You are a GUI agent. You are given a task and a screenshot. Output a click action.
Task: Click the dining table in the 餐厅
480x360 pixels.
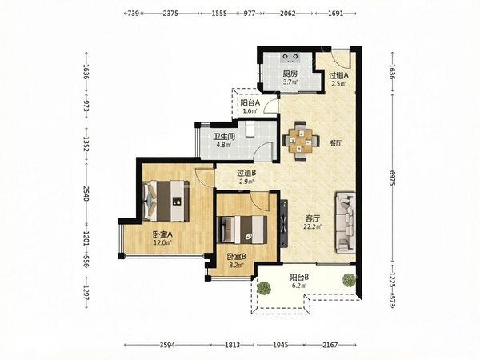click(x=301, y=141)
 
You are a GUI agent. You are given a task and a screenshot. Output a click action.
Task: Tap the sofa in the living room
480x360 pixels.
click(x=346, y=222)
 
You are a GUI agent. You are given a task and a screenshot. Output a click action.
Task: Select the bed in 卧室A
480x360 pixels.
click(x=166, y=201)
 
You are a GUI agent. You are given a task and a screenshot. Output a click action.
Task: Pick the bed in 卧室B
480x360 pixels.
click(x=242, y=230)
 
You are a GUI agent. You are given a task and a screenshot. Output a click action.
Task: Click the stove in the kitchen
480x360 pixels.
click(x=290, y=58)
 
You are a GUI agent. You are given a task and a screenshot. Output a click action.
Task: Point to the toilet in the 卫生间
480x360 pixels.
click(x=250, y=128)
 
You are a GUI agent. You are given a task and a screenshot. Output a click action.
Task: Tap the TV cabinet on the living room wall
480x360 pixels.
click(x=284, y=223)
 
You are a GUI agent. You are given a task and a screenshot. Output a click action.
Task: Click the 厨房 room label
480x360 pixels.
click(x=290, y=74)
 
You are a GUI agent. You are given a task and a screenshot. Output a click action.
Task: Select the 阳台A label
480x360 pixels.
click(x=250, y=103)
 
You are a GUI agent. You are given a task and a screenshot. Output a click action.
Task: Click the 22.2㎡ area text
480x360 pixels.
click(x=312, y=227)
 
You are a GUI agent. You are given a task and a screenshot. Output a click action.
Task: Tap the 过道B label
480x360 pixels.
click(x=246, y=174)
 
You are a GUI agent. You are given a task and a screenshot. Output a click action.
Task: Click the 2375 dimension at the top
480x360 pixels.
click(x=170, y=14)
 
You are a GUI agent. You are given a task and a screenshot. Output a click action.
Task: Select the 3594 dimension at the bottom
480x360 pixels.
click(x=167, y=346)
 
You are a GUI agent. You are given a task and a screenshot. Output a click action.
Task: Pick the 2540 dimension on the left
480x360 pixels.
click(x=86, y=194)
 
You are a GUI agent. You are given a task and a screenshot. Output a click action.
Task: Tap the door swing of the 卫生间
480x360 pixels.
click(x=265, y=151)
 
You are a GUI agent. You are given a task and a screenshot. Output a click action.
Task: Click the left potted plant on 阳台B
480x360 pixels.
click(x=264, y=288)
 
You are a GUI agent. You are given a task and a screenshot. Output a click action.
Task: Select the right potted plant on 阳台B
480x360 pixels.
click(x=348, y=280)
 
